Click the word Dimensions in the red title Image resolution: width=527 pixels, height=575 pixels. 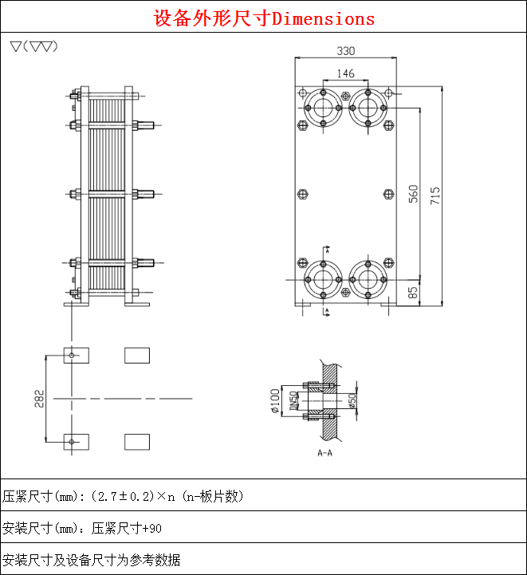pos(323,18)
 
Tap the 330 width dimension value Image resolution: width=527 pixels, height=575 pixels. pos(345,51)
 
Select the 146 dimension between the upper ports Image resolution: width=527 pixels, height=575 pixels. pos(345,73)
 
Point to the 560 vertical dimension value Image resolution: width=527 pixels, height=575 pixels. pos(413,194)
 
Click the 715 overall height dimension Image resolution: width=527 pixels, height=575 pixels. pos(435,196)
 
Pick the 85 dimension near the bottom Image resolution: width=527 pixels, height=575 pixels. pos(413,293)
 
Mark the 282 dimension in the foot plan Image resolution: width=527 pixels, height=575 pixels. pos(40,398)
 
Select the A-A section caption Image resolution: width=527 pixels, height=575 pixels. pos(324,453)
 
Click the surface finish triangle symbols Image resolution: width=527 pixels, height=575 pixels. pos(33,45)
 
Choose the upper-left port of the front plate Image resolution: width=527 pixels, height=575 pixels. pos(323,108)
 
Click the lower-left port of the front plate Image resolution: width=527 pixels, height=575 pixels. pos(323,279)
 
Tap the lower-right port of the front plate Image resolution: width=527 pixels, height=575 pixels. pos(368,279)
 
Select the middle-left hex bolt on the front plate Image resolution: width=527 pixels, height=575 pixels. pos(301,194)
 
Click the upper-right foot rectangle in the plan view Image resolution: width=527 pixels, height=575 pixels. pos(137,355)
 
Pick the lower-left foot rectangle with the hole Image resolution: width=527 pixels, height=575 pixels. pos(76,441)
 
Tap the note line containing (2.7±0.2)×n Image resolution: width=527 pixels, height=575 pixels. pos(124,496)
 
